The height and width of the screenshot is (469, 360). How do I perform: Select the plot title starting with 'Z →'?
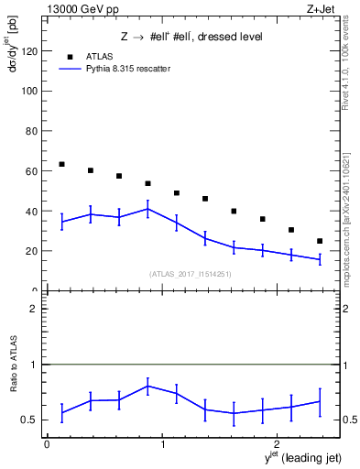pyautogui.click(x=192, y=37)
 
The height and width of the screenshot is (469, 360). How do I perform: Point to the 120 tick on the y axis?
pyautogui.click(x=32, y=51)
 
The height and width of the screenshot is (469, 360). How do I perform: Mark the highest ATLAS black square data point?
pyautogui.click(x=61, y=164)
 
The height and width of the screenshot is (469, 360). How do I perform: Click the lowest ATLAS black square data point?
pyautogui.click(x=320, y=241)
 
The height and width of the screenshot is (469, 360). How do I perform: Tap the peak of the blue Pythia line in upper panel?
pyautogui.click(x=147, y=209)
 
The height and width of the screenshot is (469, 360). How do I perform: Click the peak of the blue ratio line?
pyautogui.click(x=147, y=386)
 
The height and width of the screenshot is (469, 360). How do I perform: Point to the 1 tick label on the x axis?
pyautogui.click(x=163, y=444)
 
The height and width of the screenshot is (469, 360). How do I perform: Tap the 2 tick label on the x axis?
pyautogui.click(x=278, y=444)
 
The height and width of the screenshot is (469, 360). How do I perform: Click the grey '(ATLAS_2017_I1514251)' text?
pyautogui.click(x=191, y=273)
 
